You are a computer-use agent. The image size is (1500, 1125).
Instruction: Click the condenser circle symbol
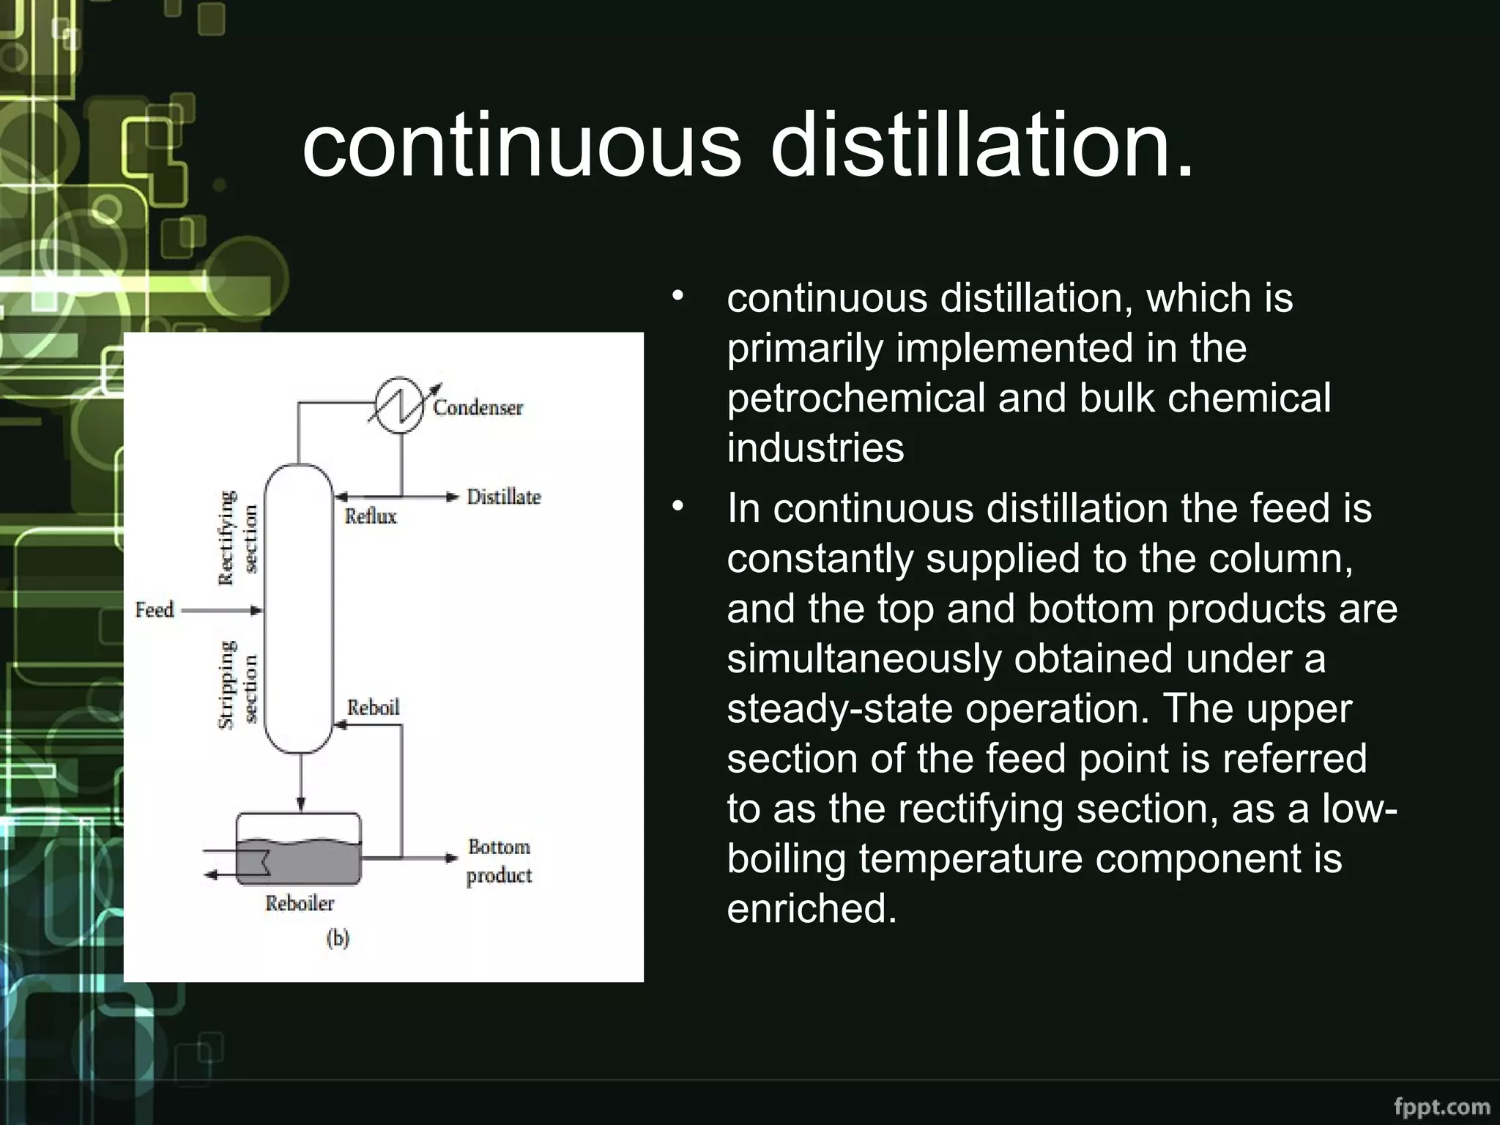point(399,406)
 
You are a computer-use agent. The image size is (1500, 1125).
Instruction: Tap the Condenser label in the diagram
point(478,407)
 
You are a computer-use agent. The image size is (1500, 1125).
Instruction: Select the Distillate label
point(504,497)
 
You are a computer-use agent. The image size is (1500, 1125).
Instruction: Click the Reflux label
point(371,516)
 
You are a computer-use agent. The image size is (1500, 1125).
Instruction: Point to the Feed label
point(155,610)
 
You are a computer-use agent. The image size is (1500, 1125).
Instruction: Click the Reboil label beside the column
point(374,708)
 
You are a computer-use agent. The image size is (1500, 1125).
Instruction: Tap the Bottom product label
point(500,861)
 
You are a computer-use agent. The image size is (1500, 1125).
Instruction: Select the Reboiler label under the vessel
point(300,903)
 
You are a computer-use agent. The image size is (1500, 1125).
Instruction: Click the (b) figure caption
point(338,938)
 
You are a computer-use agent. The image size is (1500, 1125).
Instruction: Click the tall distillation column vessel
point(298,608)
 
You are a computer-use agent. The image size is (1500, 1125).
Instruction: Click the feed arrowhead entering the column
point(256,610)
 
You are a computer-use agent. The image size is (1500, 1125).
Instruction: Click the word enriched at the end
point(812,908)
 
